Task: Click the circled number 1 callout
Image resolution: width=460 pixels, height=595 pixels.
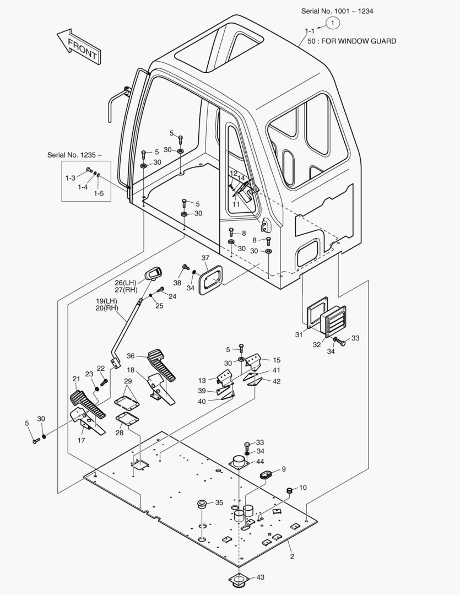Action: coord(333,23)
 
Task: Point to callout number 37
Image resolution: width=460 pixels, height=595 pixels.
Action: coord(205,258)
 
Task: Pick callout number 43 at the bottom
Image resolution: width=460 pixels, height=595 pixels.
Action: coord(261,577)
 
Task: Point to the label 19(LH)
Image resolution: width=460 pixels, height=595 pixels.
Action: coord(107,301)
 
